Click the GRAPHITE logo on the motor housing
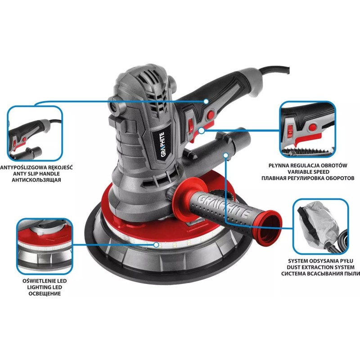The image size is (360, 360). click(163, 144)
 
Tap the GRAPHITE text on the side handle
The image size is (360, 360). click(223, 206)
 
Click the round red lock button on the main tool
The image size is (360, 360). click(210, 114)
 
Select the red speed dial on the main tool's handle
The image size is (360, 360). click(190, 125)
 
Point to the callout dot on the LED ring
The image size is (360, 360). click(156, 245)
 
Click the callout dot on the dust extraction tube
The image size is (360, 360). click(226, 155)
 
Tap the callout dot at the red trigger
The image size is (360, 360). click(201, 130)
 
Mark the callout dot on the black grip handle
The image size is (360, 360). click(206, 101)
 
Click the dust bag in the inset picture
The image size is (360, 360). click(319, 220)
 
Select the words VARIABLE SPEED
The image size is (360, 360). click(308, 172)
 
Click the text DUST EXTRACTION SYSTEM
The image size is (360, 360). click(320, 267)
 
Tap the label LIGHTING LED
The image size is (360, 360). click(45, 287)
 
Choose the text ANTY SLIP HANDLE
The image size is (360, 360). click(36, 174)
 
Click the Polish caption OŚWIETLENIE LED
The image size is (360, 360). click(45, 281)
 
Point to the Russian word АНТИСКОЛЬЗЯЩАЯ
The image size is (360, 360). click(36, 180)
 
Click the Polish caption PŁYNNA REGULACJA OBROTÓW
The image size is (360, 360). click(308, 165)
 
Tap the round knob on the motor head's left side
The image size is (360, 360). click(116, 107)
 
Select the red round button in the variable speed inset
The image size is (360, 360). click(312, 127)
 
